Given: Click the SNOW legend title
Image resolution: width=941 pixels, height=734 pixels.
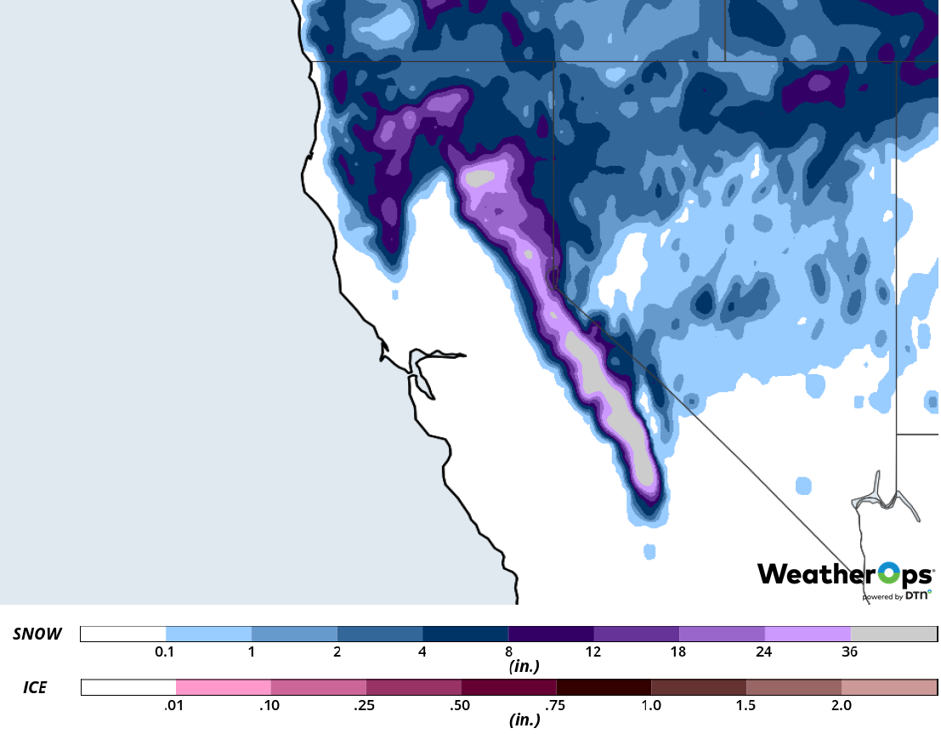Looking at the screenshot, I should [x=37, y=634].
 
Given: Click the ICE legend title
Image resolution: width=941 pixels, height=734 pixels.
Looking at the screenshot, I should [x=34, y=686].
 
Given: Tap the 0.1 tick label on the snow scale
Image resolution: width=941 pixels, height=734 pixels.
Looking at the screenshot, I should [x=166, y=652].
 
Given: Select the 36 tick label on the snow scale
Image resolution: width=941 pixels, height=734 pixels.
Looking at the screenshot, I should [x=849, y=652].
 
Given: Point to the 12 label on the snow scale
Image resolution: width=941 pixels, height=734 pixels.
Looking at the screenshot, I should [x=593, y=652].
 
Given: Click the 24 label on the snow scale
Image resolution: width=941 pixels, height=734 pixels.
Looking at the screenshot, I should [x=763, y=652].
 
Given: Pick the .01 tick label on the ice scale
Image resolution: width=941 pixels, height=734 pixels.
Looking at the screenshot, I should [x=176, y=705].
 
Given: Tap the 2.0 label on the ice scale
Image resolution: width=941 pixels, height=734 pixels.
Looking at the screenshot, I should [x=841, y=705].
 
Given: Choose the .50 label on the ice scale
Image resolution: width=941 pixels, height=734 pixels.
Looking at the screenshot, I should [x=462, y=705].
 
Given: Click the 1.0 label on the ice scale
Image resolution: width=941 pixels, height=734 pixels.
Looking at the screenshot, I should [x=651, y=705].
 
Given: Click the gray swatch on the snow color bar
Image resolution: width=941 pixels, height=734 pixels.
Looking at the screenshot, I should [x=893, y=634].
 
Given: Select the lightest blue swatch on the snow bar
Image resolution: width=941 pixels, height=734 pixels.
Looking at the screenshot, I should [x=208, y=634].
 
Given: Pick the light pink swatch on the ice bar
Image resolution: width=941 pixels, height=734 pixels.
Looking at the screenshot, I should [x=224, y=687].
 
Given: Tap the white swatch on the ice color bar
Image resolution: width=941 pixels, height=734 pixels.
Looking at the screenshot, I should [x=128, y=687].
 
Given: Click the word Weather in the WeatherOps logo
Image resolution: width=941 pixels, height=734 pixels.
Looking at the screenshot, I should [x=814, y=574].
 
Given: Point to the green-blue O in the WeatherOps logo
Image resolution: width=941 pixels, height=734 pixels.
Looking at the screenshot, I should [x=887, y=574].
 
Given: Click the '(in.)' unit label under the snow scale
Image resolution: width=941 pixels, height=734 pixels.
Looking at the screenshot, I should [x=524, y=668].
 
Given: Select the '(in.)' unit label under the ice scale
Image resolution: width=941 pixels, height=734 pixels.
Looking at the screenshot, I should [x=524, y=720].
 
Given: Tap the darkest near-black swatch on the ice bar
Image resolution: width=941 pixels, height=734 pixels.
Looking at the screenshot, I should [x=604, y=687].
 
